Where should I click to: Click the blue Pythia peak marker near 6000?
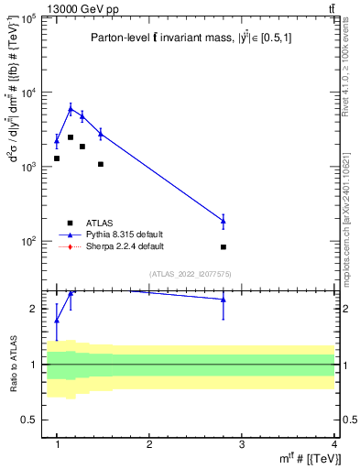pos(71,108)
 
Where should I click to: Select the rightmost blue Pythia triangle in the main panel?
pos(224,221)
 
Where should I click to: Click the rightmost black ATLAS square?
pos(224,247)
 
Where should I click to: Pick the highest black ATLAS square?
pos(71,137)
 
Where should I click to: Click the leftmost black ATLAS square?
pos(57,158)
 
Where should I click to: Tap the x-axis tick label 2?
pos(149,444)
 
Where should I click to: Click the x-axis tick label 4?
pos(333,444)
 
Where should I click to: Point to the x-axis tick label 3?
pos(241,444)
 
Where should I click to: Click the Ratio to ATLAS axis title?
pos(13,364)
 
